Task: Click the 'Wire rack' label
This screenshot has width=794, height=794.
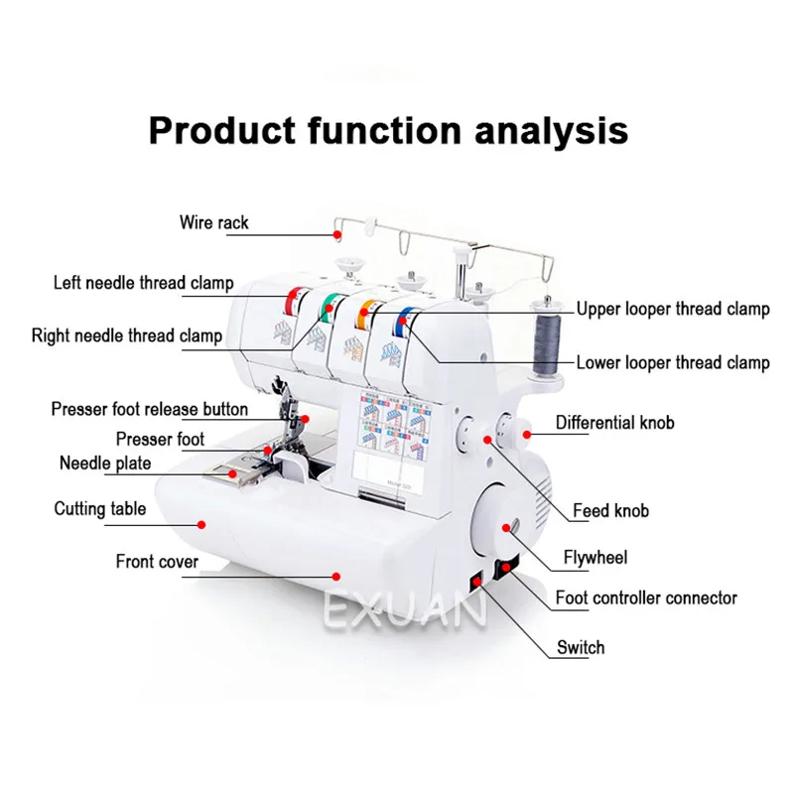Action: click(214, 222)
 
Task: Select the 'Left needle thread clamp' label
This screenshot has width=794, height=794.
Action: click(144, 283)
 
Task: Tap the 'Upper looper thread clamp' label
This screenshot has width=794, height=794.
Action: click(672, 309)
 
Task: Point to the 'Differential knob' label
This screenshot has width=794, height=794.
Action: click(614, 423)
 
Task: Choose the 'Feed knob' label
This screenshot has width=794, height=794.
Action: click(610, 511)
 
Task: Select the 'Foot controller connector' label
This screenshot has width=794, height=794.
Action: click(646, 597)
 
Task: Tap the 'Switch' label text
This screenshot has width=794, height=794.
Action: click(581, 647)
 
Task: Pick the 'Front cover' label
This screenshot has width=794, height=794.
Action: click(157, 562)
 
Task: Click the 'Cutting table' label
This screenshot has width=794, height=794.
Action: click(100, 509)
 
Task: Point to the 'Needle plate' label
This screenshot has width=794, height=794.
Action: click(105, 463)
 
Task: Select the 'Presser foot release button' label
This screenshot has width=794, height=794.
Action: click(150, 409)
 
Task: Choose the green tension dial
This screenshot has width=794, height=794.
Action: click(327, 308)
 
